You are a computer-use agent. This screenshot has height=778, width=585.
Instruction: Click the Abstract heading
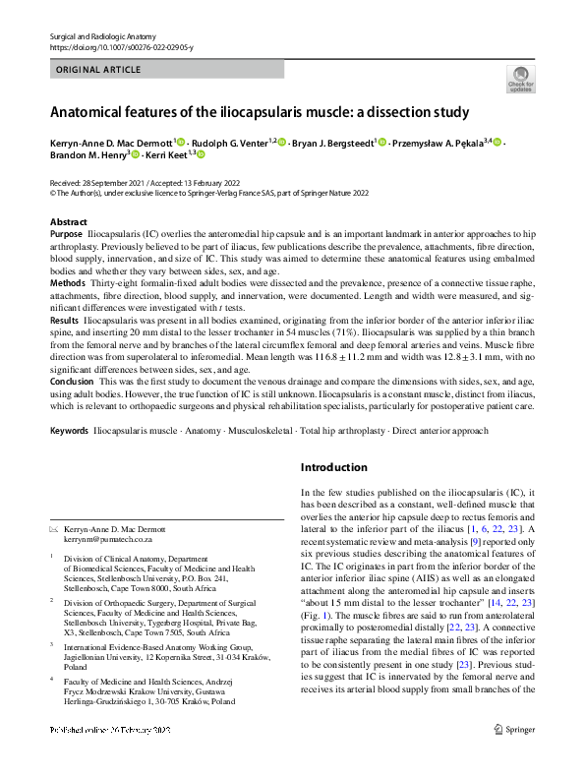pyautogui.click(x=68, y=223)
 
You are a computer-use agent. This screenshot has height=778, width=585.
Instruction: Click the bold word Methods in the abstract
pyautogui.click(x=68, y=282)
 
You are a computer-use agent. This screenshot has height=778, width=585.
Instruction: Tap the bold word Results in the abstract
pyautogui.click(x=65, y=321)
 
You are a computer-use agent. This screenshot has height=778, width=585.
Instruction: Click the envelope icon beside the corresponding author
pyautogui.click(x=54, y=529)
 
